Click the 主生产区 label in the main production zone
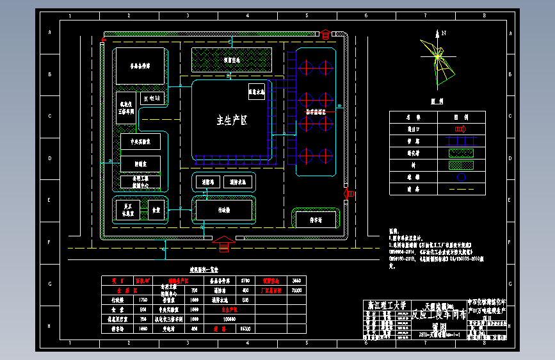coord(231,119)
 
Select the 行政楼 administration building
coord(224,209)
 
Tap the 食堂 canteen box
coord(157,209)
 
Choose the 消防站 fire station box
coord(207,182)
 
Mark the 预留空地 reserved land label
coord(232,60)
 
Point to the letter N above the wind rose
coord(443,32)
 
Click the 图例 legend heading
coord(437,101)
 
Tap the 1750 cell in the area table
coord(143,299)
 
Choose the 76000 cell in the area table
coord(296,290)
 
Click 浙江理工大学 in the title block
coord(384,306)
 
